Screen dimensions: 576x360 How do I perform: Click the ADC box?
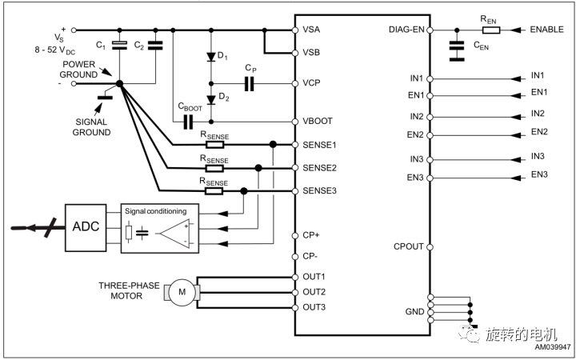[86, 228]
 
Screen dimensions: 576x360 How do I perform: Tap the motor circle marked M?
[182, 293]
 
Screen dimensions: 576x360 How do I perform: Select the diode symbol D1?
[211, 57]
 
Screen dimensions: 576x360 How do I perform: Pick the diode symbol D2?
[211, 100]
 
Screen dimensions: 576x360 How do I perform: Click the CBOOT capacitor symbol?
[188, 122]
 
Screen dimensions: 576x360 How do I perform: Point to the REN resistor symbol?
[490, 30]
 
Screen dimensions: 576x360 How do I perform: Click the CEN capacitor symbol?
[457, 50]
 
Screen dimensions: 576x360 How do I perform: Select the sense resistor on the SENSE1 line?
[215, 144]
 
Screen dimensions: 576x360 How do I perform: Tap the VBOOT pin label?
[318, 122]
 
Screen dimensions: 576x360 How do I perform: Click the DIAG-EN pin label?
[406, 30]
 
